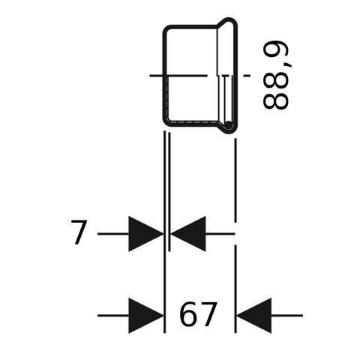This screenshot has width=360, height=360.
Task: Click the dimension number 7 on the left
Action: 79,232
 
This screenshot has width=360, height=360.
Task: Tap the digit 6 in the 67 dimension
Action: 188,314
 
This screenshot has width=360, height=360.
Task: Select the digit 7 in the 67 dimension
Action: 207,314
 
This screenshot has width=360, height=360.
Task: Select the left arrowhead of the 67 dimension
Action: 146,316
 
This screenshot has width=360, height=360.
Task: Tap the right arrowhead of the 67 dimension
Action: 253,316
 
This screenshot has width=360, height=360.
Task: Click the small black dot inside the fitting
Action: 228,125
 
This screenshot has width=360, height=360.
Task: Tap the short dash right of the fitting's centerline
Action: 247,75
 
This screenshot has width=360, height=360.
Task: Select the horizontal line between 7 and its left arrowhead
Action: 113,234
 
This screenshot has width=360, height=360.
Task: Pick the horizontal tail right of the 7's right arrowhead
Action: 220,234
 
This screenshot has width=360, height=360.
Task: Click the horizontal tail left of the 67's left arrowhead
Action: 113,316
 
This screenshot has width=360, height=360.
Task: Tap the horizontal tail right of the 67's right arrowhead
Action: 287,316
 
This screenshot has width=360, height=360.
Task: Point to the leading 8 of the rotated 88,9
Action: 276,100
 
